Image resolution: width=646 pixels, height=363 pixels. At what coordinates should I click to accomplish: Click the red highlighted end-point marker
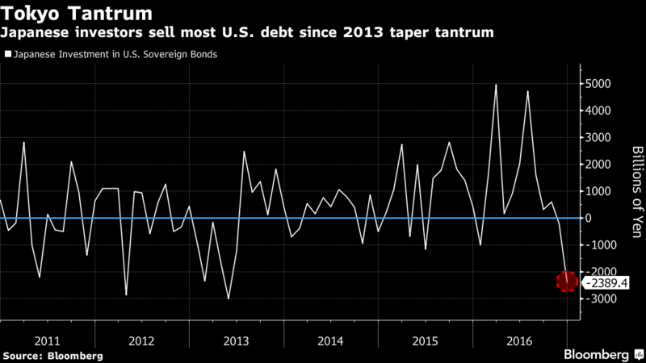pyautogui.click(x=567, y=282)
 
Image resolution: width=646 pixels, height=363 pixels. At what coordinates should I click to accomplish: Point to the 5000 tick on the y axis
pyautogui.click(x=598, y=84)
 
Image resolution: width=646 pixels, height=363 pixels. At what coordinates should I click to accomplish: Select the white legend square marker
pyautogui.click(x=7, y=55)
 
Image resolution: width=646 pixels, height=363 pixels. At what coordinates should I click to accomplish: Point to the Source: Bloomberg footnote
pyautogui.click(x=52, y=356)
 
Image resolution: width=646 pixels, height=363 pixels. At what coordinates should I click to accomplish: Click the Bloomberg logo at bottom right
pyautogui.click(x=597, y=354)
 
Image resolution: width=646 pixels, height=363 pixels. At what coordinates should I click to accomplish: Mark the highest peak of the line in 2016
pyautogui.click(x=496, y=84)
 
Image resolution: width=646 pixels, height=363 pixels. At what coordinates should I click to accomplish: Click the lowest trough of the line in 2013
pyautogui.click(x=229, y=299)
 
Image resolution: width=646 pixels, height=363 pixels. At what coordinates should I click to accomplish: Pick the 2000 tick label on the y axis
pyautogui.click(x=598, y=165)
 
